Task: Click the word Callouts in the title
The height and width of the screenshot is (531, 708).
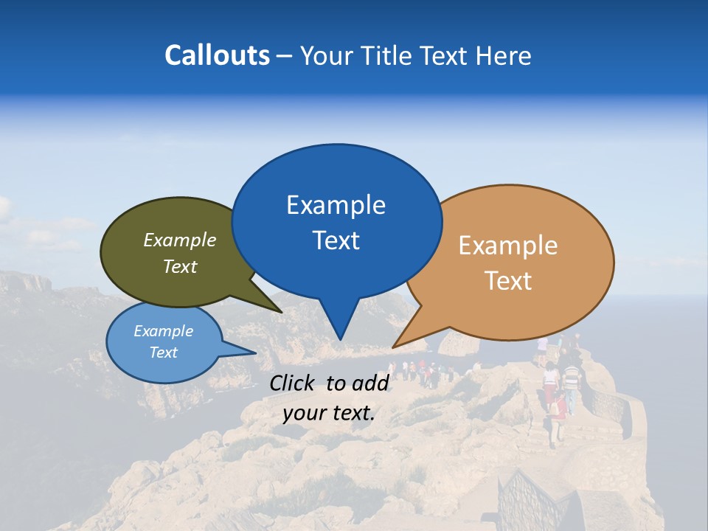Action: pos(217,55)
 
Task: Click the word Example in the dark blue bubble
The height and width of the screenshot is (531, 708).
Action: pos(336,204)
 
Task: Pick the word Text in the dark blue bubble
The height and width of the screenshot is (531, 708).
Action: pos(336,240)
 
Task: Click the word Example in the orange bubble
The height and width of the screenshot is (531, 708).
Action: pos(508,245)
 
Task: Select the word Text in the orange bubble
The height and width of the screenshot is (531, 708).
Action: pos(508,281)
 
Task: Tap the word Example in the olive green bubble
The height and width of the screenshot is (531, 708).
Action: pos(179,240)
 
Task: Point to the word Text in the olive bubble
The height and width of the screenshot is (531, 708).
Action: pos(179,266)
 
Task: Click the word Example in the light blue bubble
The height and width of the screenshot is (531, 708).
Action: pos(163,331)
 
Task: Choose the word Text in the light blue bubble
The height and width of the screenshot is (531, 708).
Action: pos(163,353)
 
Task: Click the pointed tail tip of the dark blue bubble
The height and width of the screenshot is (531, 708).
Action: pos(340,339)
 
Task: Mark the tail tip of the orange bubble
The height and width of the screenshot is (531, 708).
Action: pos(393,347)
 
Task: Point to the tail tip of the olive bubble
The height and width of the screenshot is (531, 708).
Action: pos(282,313)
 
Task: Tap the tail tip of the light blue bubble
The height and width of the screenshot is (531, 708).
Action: pos(255,353)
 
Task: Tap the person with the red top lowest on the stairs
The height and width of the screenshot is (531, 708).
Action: pos(559,409)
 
